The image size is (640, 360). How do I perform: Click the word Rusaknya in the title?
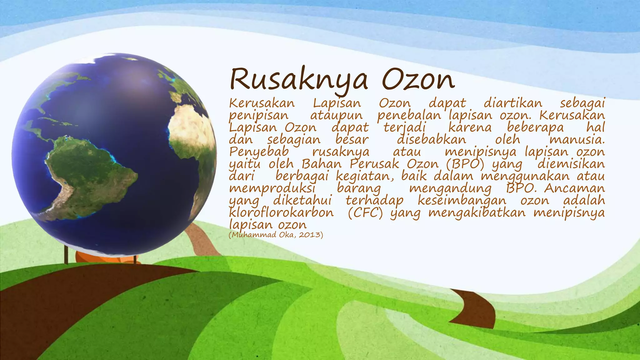298,80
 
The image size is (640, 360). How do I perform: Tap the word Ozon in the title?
418,80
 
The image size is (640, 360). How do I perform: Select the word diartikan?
513,103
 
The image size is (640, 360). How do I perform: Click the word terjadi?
404,127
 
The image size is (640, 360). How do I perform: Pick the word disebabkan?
431,140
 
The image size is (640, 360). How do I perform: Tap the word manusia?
577,140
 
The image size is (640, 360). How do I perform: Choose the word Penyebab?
259,152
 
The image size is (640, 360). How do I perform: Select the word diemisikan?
571,164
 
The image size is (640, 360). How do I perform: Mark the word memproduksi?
272,188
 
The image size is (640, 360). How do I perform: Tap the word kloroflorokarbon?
281,213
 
